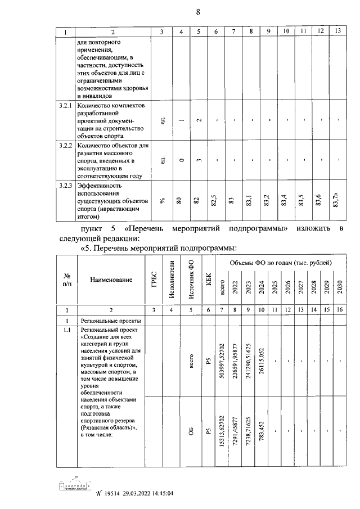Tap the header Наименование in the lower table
[110, 280]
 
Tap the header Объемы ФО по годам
[280, 263]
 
